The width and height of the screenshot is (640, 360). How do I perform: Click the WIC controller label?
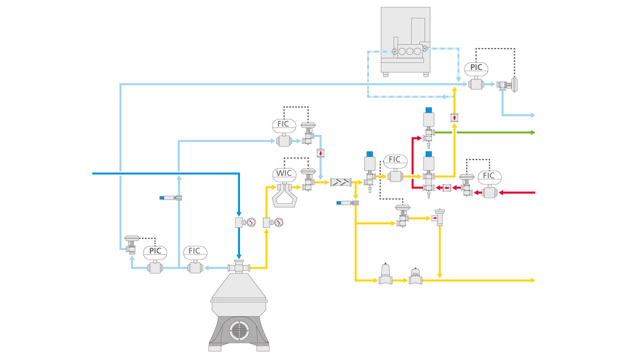click(x=283, y=174)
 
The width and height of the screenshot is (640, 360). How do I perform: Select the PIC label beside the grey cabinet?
click(x=476, y=68)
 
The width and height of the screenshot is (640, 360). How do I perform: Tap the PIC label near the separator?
click(x=155, y=251)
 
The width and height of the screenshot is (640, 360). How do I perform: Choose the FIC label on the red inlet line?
click(x=489, y=176)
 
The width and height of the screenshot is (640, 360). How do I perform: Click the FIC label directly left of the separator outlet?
click(x=195, y=251)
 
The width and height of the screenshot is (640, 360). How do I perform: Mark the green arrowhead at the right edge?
click(x=532, y=132)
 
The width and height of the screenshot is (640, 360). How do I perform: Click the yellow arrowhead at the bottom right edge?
click(x=532, y=280)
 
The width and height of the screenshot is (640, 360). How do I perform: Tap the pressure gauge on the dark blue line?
click(x=251, y=222)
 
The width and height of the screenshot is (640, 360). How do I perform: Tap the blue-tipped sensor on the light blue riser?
click(x=170, y=198)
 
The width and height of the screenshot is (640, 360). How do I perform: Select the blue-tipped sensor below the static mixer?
click(x=347, y=203)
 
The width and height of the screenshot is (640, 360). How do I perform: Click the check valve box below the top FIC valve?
click(x=321, y=154)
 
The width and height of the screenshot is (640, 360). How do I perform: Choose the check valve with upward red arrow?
click(x=454, y=117)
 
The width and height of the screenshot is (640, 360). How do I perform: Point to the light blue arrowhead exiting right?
click(x=532, y=115)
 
